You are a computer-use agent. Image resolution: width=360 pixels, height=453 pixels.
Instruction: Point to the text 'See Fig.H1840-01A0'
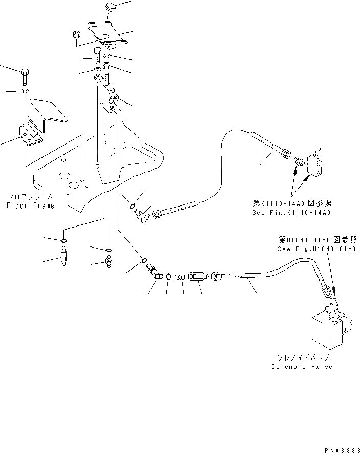[x=317, y=250]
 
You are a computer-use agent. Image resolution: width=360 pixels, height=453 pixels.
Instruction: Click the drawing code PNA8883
[x=340, y=449]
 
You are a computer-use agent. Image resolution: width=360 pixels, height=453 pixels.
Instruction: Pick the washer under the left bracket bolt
[x=25, y=91]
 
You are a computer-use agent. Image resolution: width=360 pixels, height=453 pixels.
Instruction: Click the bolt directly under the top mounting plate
[x=98, y=54]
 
